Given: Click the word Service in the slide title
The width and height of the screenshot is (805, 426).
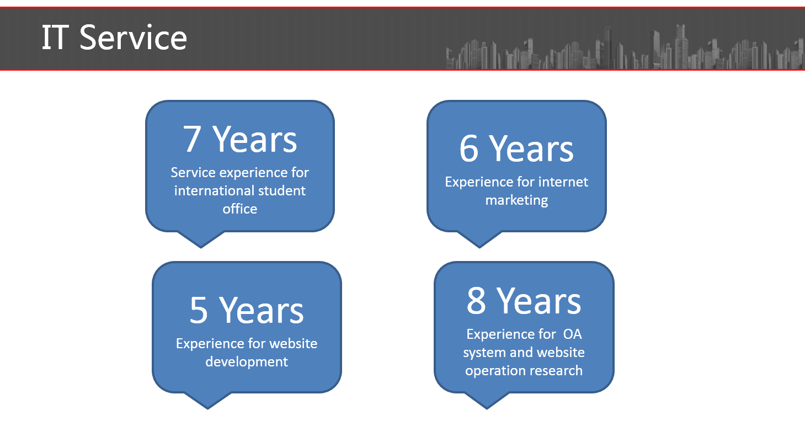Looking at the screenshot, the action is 134,38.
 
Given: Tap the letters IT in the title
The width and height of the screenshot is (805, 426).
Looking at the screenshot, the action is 55,38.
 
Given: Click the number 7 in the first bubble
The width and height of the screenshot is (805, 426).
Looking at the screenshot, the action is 191,140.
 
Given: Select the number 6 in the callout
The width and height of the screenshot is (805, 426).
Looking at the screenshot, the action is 468,148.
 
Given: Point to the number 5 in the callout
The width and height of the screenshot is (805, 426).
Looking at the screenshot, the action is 199,310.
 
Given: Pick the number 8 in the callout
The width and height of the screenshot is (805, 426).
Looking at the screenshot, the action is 476,301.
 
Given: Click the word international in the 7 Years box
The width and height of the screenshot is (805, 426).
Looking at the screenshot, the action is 212,190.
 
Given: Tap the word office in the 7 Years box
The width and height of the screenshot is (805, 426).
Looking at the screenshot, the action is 239,209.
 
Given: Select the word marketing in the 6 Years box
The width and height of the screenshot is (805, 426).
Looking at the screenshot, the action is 516,200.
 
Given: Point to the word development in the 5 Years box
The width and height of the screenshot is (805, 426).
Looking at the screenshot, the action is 247,362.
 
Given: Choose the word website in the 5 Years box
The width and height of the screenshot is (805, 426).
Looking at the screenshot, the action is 293,344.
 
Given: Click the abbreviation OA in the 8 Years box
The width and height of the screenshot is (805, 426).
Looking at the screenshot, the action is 572,334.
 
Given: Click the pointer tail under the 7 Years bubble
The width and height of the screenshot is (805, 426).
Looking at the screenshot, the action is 201,239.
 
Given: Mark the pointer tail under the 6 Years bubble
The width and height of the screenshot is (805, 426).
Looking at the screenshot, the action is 479,239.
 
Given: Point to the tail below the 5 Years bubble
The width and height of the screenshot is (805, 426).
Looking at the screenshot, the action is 207,400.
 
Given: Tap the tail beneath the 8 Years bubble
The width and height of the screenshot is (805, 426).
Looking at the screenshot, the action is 487,400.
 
